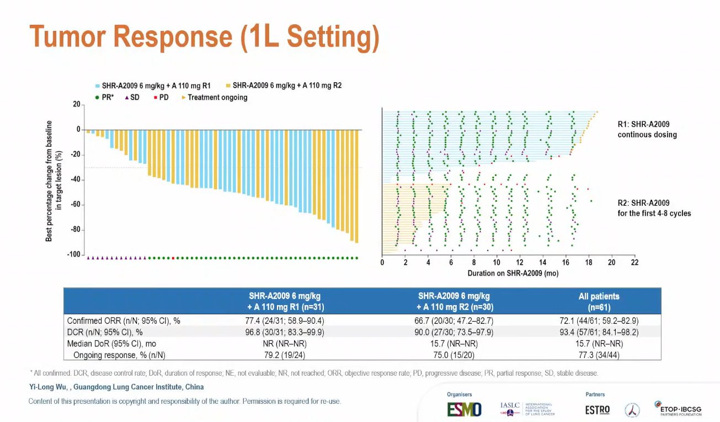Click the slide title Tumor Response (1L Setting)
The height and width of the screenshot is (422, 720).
[204, 36]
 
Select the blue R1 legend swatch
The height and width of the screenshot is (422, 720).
[97, 86]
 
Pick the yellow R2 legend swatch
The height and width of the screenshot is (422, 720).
[228, 86]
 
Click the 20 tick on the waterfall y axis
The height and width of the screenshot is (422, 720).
[77, 105]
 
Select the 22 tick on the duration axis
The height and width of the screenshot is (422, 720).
[634, 263]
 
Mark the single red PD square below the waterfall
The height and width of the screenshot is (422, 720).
[173, 258]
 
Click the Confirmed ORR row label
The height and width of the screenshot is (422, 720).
[124, 320]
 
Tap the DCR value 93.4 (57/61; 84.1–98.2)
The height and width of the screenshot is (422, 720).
[599, 332]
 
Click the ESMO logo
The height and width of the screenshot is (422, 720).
[464, 409]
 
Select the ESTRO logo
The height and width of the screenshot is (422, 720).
[597, 410]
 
